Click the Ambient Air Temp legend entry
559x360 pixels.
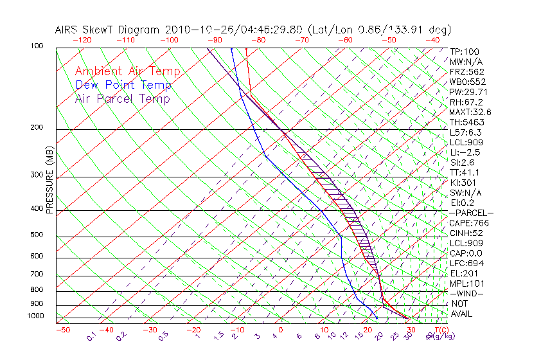128,71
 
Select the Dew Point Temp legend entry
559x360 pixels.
123,85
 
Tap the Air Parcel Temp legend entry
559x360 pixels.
123,98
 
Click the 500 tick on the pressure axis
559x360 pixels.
37,235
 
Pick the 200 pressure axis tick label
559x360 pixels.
37,127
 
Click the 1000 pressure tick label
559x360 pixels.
35,316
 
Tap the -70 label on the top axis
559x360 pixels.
301,40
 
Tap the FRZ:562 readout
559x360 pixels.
467,71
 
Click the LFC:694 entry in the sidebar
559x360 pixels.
466,263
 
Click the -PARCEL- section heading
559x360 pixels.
472,213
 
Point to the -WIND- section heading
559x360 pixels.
467,293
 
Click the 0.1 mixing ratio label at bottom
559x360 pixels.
91,336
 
